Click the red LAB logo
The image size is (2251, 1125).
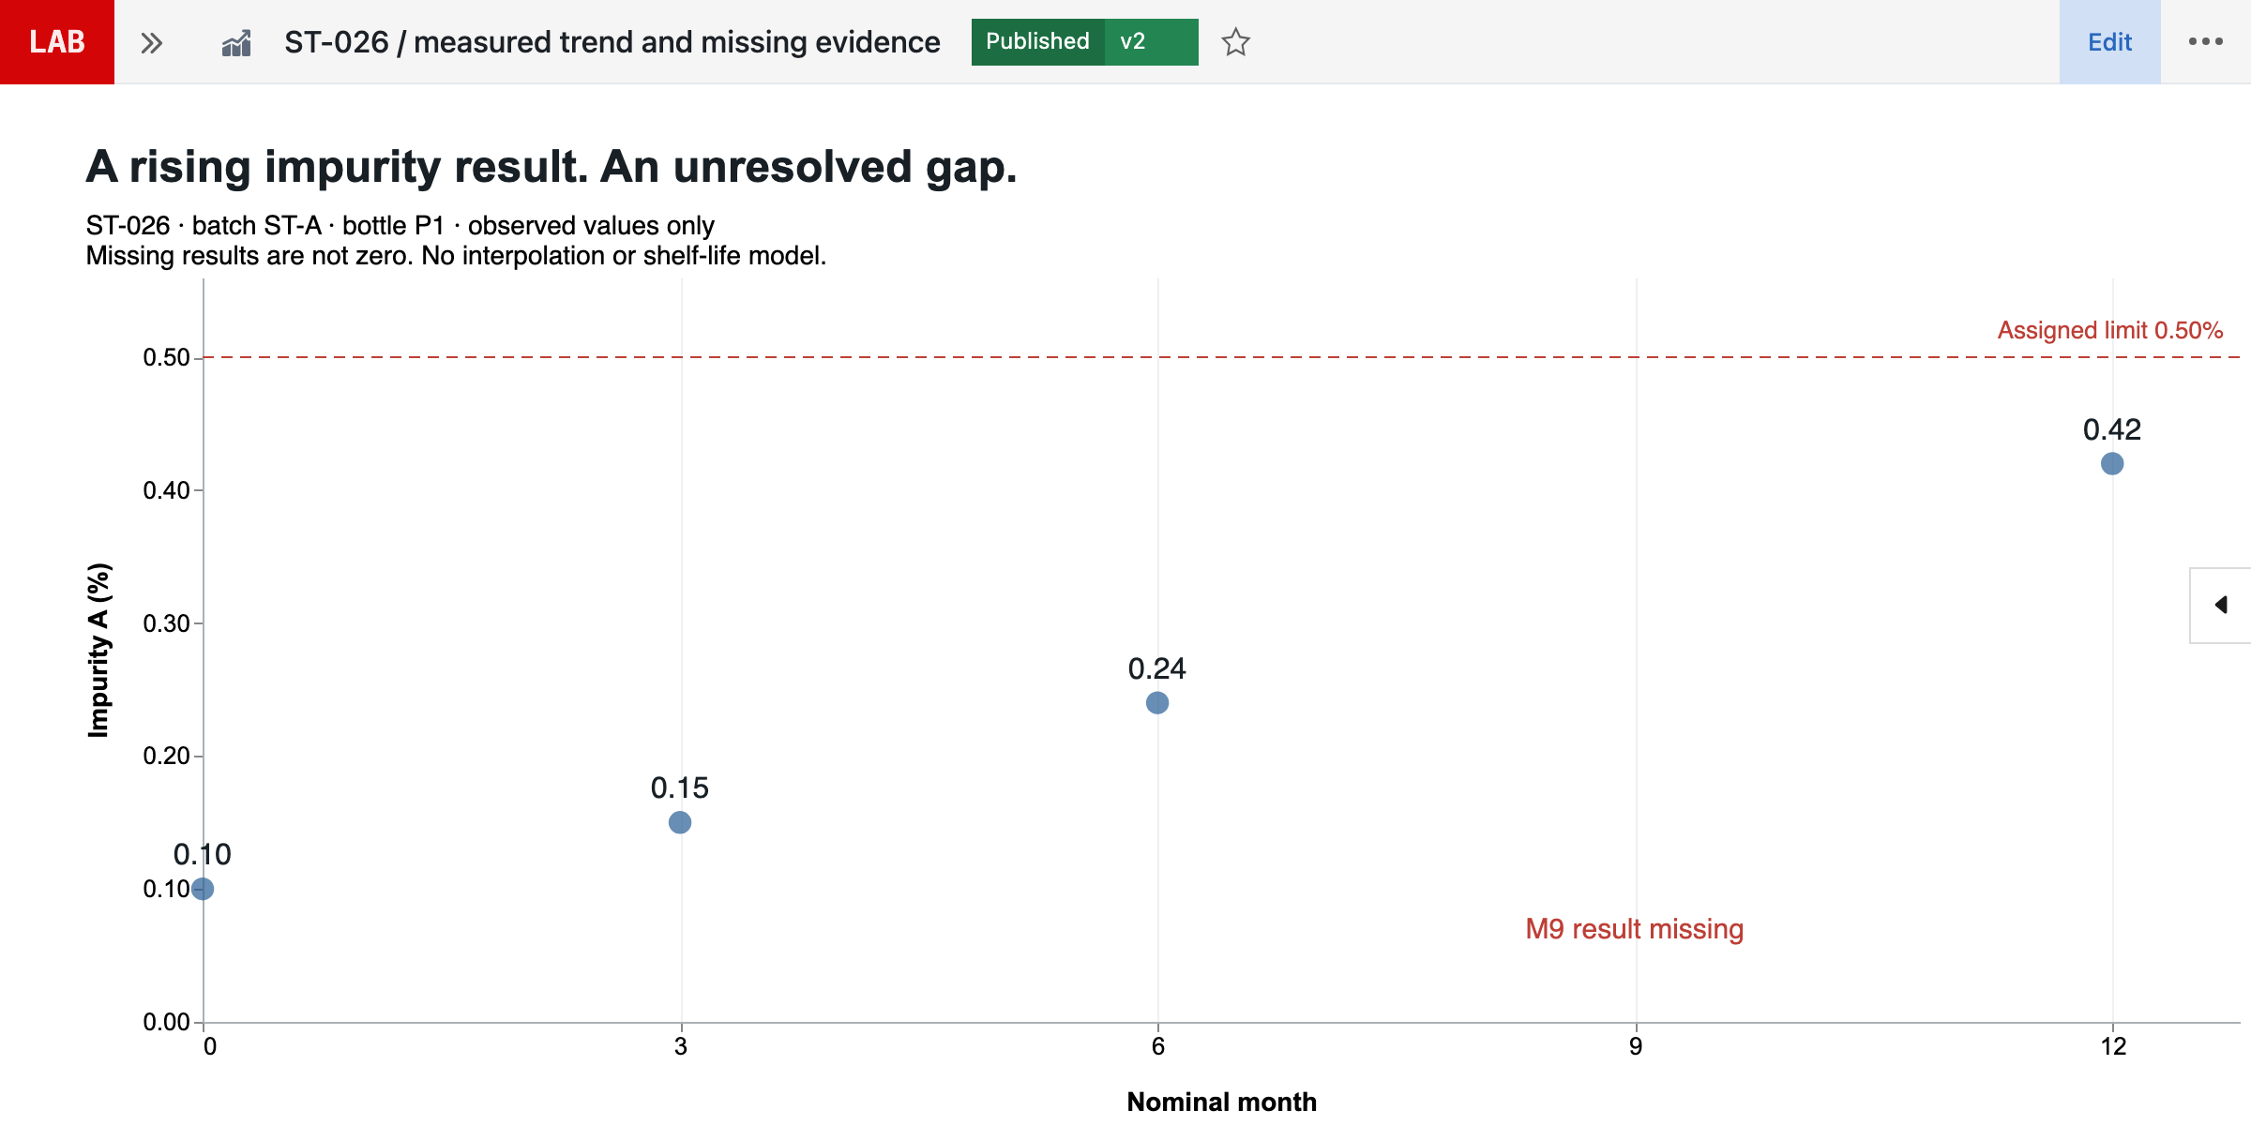57,42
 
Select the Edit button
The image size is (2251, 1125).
2109,42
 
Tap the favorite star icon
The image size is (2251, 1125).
1236,42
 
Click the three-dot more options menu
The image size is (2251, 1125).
2206,41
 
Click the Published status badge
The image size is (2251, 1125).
1037,42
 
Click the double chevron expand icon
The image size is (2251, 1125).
152,42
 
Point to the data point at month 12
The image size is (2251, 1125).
2112,463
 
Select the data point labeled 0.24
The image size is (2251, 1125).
1157,702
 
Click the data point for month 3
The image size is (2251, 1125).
680,822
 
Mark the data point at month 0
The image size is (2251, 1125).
203,889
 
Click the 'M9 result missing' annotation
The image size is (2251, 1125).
1635,929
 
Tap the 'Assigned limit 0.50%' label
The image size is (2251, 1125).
2110,330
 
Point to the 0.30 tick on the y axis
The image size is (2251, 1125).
166,623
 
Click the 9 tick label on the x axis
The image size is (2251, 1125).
1636,1046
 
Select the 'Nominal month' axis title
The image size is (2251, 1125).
1222,1102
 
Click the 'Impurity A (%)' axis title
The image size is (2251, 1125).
98,650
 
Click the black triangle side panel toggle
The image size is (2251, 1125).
2221,605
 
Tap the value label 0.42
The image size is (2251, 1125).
2112,429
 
